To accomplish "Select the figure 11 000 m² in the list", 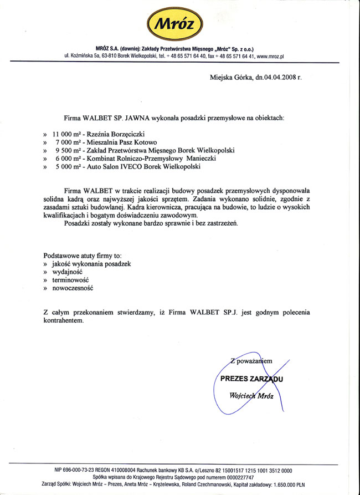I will (x=68, y=134).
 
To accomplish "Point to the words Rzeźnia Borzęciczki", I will (x=116, y=134).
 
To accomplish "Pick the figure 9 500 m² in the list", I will (x=69, y=150).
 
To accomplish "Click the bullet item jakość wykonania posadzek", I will (x=91, y=264).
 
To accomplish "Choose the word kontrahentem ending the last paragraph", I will (x=64, y=321).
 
